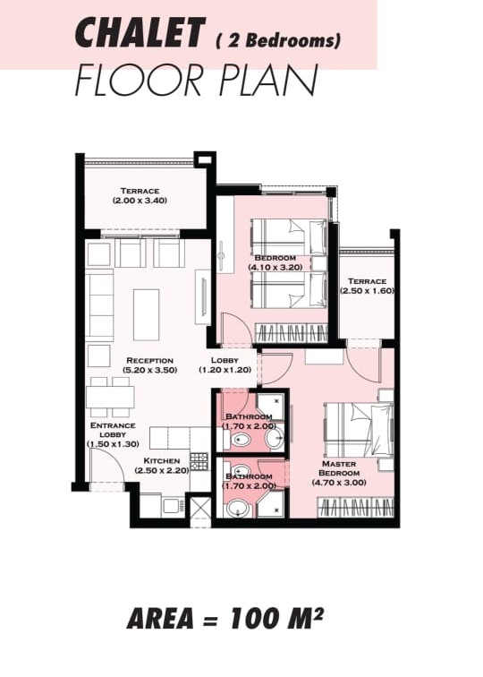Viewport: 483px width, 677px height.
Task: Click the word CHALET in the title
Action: coord(139,33)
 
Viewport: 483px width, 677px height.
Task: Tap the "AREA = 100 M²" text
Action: coord(225,618)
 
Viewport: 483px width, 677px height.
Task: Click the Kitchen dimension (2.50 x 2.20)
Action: coord(162,471)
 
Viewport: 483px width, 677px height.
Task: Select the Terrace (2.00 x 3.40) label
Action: coord(140,195)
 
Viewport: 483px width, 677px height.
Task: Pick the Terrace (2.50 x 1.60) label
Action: coord(367,286)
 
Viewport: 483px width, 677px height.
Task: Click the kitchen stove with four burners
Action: coord(199,461)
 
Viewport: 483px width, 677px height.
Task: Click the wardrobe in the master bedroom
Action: coord(356,508)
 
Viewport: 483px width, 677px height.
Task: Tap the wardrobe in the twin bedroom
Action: coord(292,333)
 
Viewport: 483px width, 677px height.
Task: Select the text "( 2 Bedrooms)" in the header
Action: coord(278,41)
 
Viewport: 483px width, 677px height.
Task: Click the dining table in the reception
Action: coord(110,397)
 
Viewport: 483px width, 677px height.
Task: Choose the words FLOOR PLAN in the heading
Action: coord(197,81)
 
